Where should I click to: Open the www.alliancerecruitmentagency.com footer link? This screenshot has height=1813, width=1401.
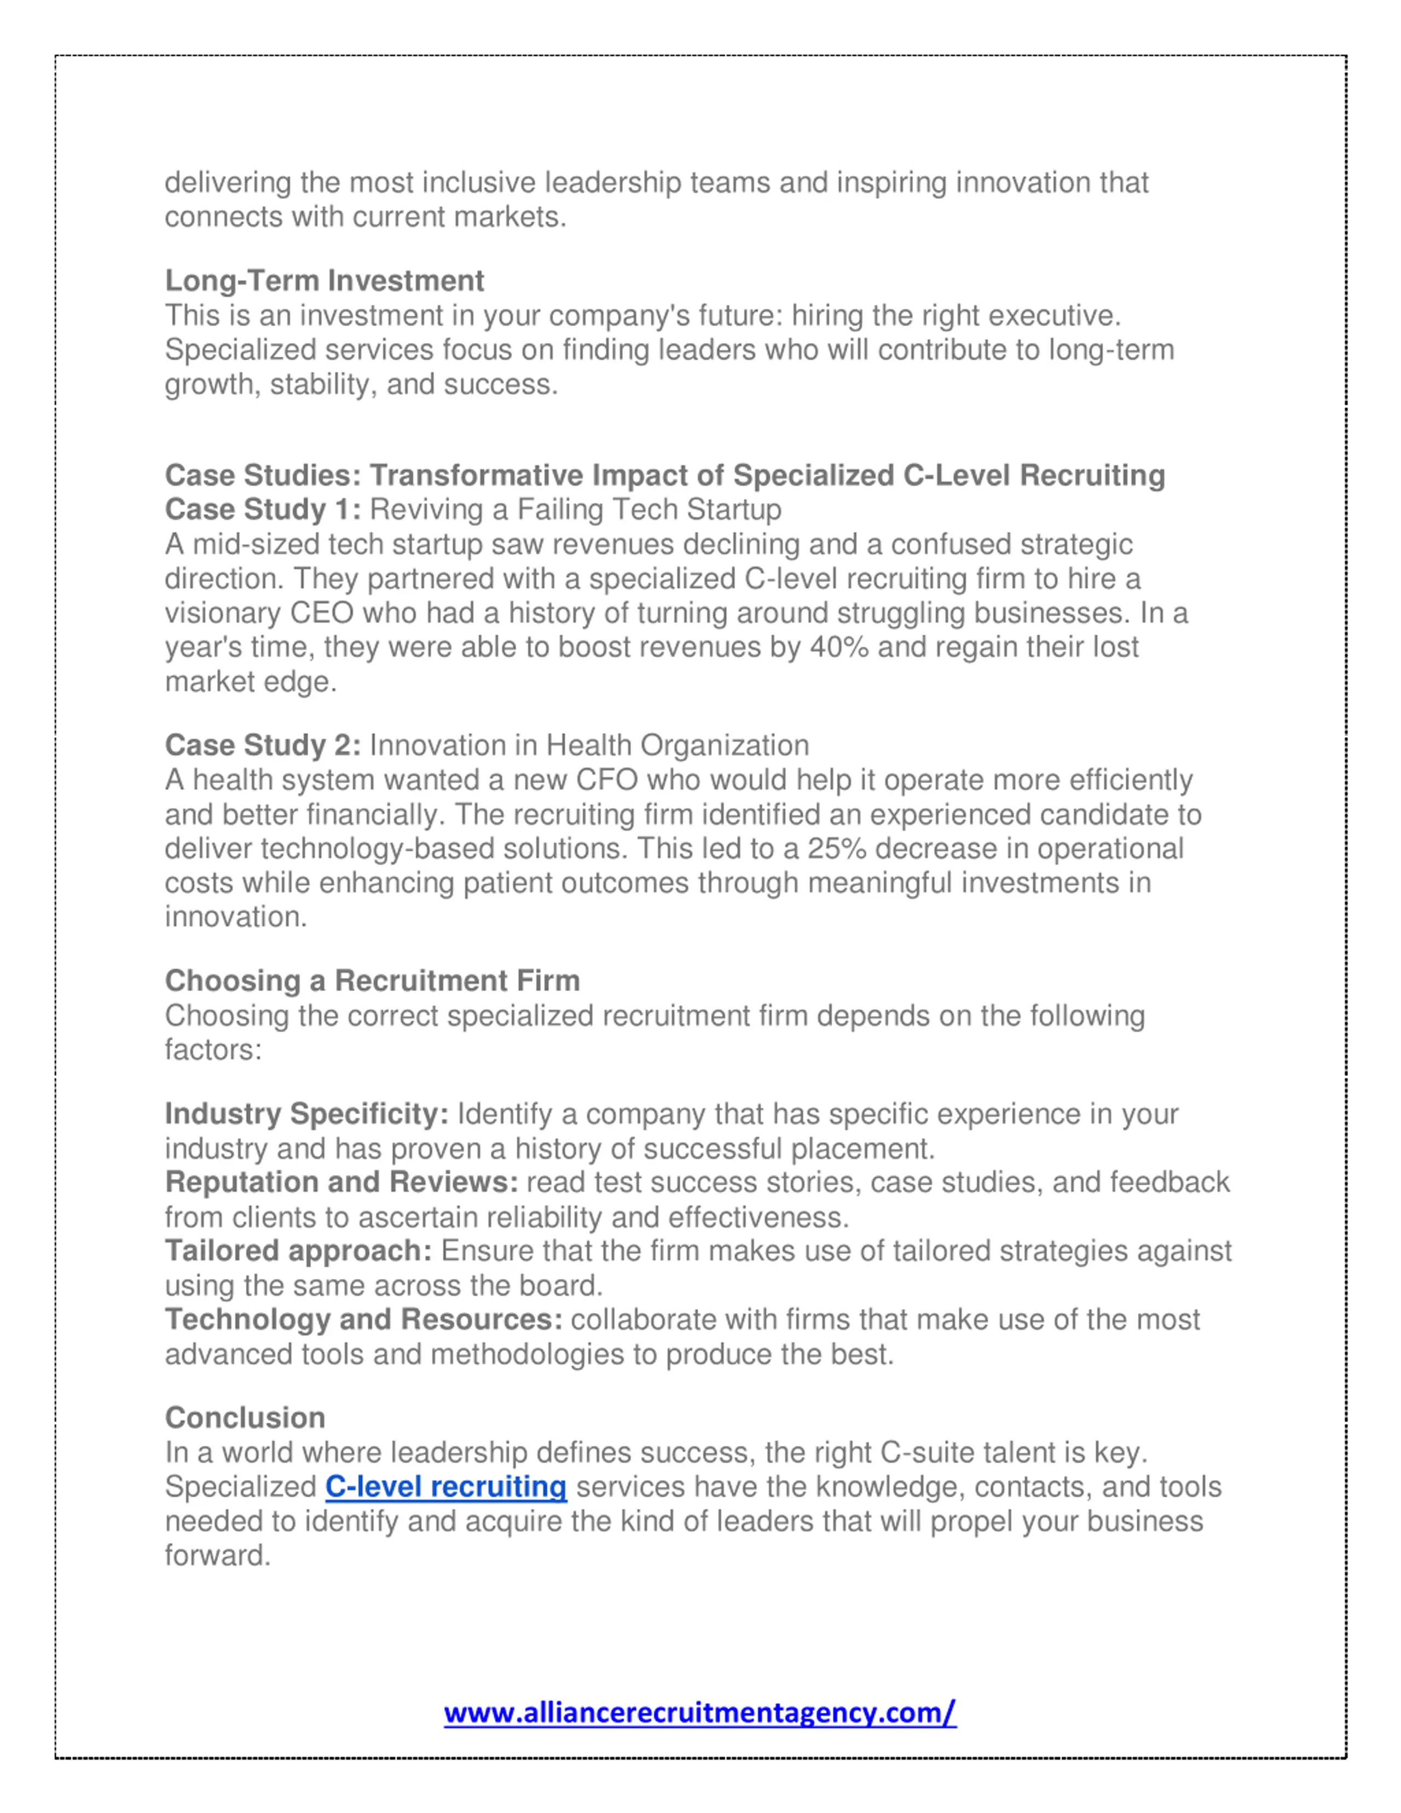pos(699,1712)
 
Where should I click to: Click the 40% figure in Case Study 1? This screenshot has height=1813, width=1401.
pos(839,647)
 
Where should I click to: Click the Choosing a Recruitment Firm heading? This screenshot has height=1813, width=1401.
pos(372,981)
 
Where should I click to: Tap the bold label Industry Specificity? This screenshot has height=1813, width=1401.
pos(306,1114)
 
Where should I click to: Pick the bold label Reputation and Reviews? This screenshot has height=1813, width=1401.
pos(341,1182)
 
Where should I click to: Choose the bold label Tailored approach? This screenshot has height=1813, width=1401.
pos(298,1250)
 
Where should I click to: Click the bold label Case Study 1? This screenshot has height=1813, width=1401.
pos(262,509)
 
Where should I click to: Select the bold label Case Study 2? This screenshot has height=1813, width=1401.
pos(262,745)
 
